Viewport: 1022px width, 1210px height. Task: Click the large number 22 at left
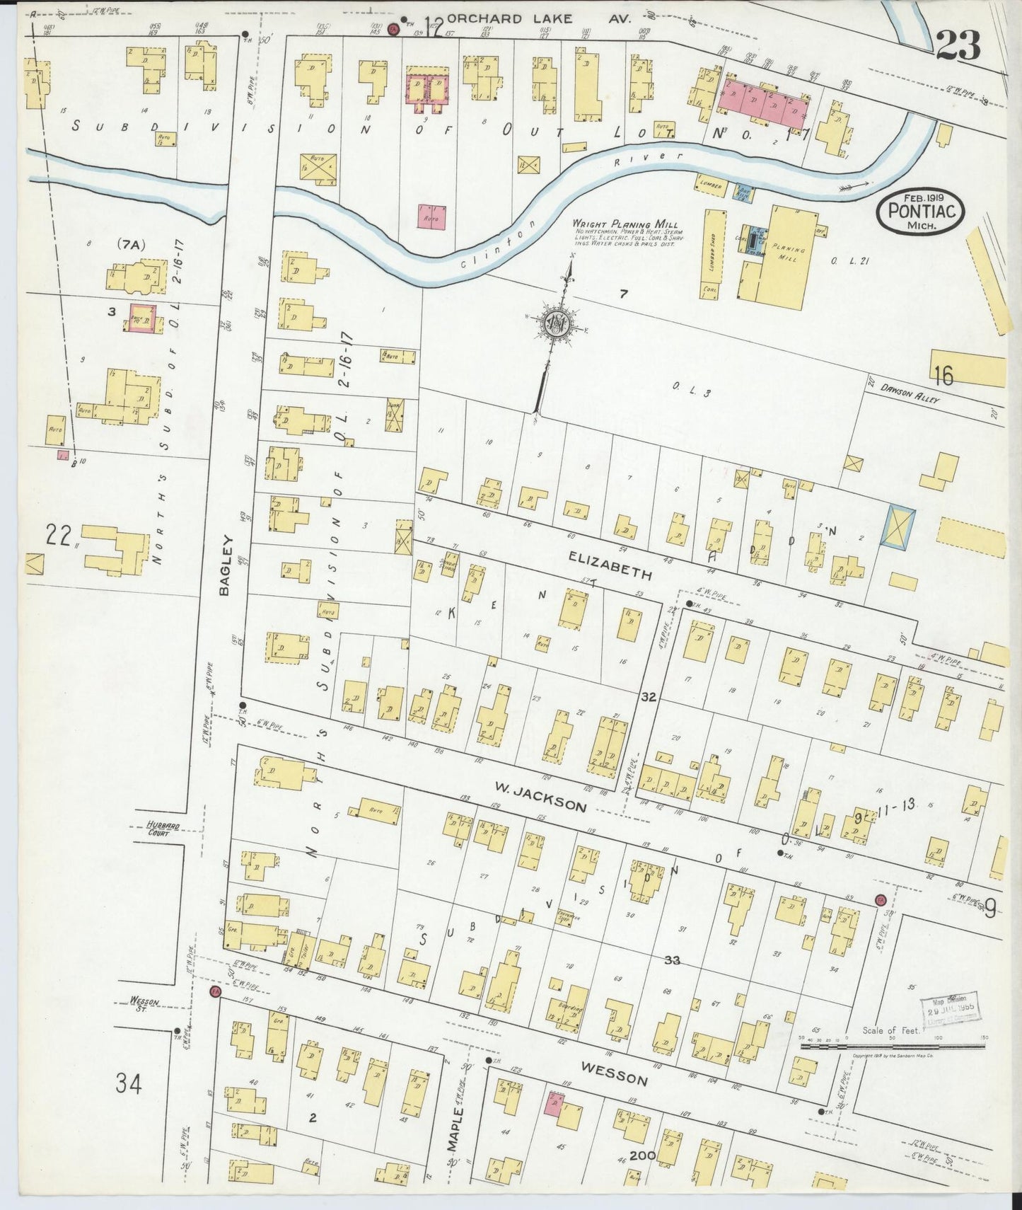point(59,535)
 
